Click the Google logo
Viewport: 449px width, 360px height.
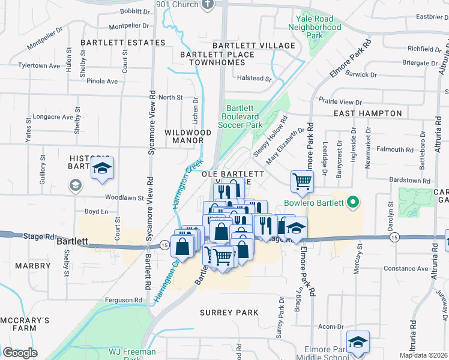pos(20,352)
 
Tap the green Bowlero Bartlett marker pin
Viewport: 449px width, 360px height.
pos(354,203)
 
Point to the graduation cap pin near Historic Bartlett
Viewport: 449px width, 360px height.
pos(102,169)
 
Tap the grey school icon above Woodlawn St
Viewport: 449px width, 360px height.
pos(76,184)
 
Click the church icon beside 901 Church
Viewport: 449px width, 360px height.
pos(208,5)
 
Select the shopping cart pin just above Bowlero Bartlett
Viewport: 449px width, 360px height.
pos(302,181)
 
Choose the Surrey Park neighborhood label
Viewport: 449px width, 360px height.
pos(231,313)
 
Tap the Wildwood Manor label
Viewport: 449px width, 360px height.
pos(188,136)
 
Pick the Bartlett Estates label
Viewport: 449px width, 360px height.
pos(122,43)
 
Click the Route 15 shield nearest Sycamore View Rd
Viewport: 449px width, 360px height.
pos(164,244)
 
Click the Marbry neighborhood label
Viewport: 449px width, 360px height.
pos(33,265)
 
